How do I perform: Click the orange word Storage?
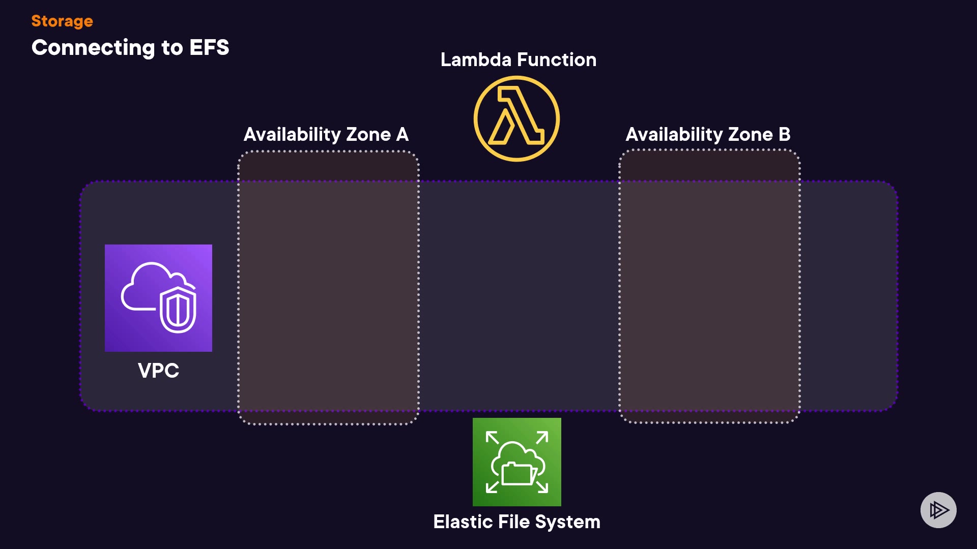(x=62, y=21)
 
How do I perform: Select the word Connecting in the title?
(x=93, y=48)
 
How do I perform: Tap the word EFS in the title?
(x=209, y=47)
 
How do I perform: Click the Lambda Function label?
(x=518, y=60)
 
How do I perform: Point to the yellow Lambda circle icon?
(x=516, y=119)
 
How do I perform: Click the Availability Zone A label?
(x=326, y=135)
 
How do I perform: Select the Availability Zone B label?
(x=708, y=135)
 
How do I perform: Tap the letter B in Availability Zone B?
(x=784, y=135)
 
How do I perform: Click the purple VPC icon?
(x=158, y=298)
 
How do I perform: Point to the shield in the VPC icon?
(x=178, y=310)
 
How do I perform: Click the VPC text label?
(x=158, y=371)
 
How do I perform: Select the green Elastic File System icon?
(x=516, y=462)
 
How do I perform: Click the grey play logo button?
(x=938, y=510)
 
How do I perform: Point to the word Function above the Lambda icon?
(x=557, y=60)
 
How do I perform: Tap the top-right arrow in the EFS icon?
(x=542, y=437)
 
